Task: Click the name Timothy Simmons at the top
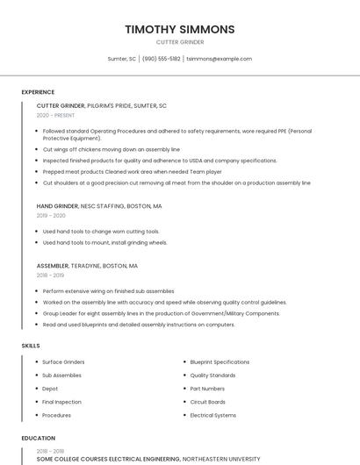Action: point(179,29)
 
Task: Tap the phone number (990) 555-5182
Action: point(161,59)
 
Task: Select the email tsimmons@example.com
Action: point(219,59)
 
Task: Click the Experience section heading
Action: point(38,92)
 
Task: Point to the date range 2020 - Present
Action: point(55,115)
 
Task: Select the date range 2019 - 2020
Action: point(51,215)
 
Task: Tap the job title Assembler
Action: point(54,265)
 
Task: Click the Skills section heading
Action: point(31,346)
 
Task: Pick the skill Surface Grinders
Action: point(63,361)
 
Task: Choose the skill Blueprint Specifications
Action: point(220,361)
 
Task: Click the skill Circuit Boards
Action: point(207,402)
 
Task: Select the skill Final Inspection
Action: point(61,402)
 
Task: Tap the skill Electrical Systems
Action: point(212,415)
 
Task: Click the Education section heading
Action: point(38,438)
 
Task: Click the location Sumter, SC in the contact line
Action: point(121,59)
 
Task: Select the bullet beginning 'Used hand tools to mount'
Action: point(104,242)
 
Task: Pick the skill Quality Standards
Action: point(212,375)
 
